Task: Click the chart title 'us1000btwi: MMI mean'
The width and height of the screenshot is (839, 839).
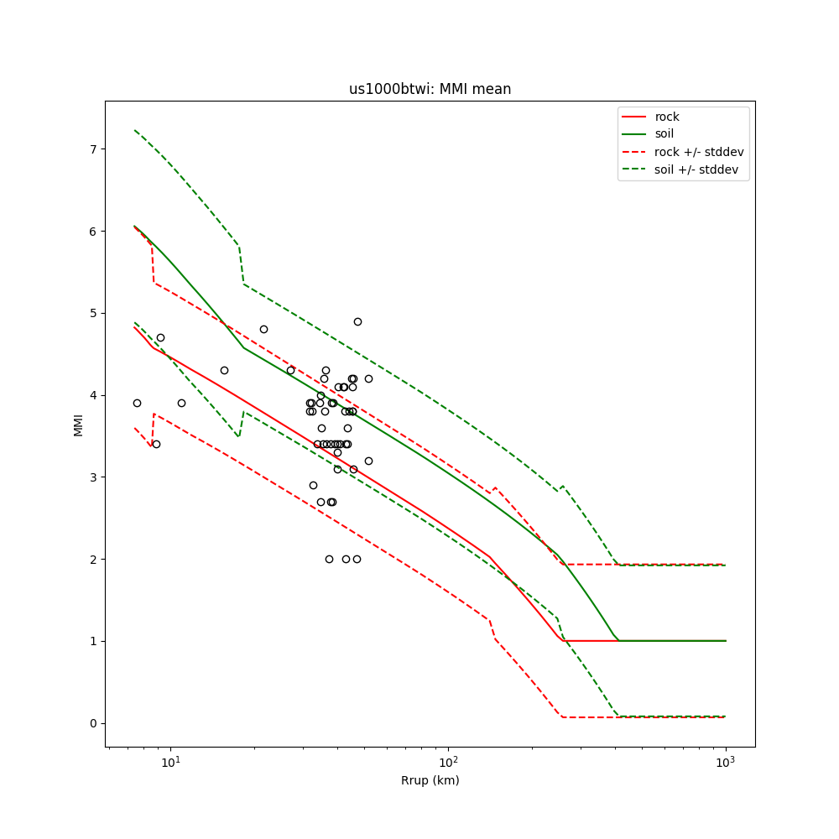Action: [x=430, y=89]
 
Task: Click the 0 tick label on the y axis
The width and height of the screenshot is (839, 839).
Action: [x=93, y=723]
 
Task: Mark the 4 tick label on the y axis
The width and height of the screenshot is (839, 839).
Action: [x=93, y=395]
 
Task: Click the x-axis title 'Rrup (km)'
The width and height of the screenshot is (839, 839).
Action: [x=430, y=781]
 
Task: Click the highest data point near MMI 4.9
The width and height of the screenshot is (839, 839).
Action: [x=357, y=321]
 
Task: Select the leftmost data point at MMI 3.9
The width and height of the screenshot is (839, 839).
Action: [x=137, y=403]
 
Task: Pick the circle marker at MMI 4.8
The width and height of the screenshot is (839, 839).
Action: [x=263, y=329]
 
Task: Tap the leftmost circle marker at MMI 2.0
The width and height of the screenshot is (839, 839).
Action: [x=329, y=559]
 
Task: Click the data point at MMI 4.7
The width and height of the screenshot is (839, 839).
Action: [x=160, y=337]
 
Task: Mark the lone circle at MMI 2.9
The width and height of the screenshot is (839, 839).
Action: [x=313, y=485]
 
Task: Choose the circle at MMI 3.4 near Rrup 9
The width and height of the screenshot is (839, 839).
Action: [x=156, y=444]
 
